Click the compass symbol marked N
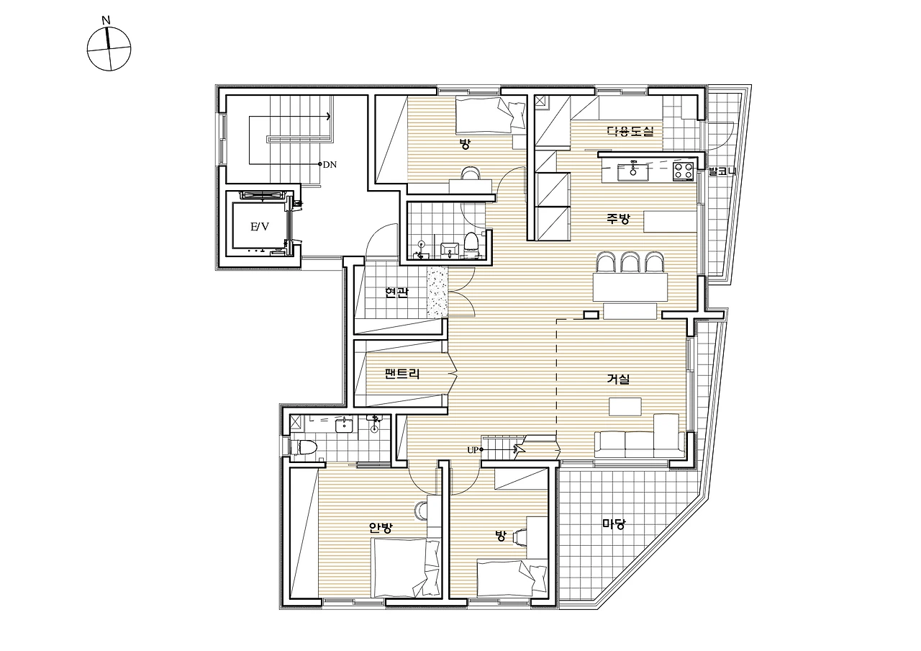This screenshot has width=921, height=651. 109,48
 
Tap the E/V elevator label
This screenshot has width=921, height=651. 260,226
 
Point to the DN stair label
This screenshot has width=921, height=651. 330,165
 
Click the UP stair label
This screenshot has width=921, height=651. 473,450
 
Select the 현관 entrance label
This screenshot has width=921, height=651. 396,293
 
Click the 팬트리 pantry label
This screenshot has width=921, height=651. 402,374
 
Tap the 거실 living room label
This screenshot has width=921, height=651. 618,379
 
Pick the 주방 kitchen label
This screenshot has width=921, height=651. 618,218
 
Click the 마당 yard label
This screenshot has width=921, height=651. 614,524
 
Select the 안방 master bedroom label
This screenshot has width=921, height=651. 381,528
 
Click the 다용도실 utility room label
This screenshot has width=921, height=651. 630,131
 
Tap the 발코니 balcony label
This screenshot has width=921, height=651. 722,171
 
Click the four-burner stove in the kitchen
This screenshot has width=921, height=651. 684,171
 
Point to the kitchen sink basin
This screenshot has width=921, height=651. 632,171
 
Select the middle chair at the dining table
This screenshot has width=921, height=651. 630,263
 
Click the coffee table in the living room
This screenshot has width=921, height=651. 625,407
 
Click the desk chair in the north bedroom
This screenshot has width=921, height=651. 471,174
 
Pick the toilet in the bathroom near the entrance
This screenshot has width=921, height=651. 471,242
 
